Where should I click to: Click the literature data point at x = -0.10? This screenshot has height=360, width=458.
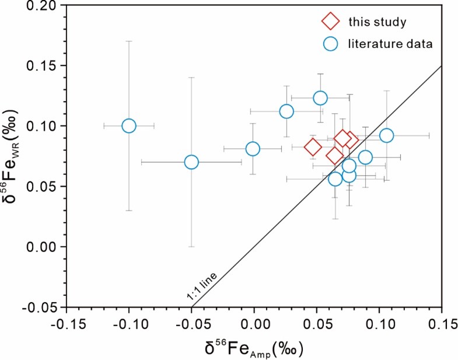[129, 126]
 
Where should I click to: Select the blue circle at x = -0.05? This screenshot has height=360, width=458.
[191, 162]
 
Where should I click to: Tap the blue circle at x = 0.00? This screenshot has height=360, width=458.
[253, 149]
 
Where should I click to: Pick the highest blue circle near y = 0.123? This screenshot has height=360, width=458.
[320, 98]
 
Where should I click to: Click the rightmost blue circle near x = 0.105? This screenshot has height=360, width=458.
[386, 135]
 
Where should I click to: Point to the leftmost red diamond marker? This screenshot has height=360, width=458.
[313, 147]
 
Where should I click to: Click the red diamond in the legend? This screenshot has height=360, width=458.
[330, 22]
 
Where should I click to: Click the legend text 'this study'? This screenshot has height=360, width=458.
[377, 22]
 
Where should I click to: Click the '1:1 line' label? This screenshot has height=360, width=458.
[202, 288]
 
